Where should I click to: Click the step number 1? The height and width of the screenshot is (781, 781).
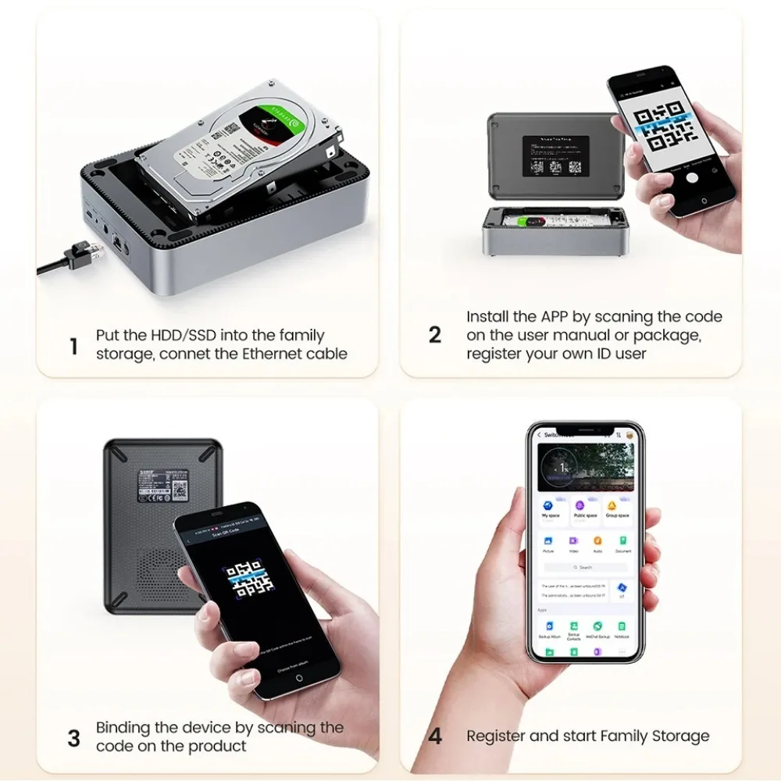[x=74, y=346]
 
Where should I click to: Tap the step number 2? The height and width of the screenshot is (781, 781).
[x=435, y=335]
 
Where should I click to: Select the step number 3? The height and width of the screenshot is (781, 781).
[x=73, y=738]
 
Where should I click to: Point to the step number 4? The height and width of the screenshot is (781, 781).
[x=435, y=736]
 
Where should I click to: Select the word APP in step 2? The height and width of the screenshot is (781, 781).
[x=558, y=317]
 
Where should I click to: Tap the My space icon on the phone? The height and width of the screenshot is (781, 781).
[x=551, y=506]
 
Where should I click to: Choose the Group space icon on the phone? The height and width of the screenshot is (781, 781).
[x=617, y=506]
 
